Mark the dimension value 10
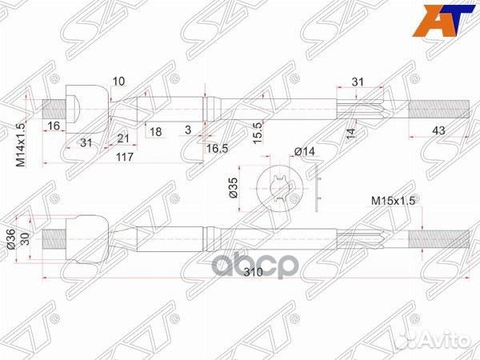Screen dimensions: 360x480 click(118, 81)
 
